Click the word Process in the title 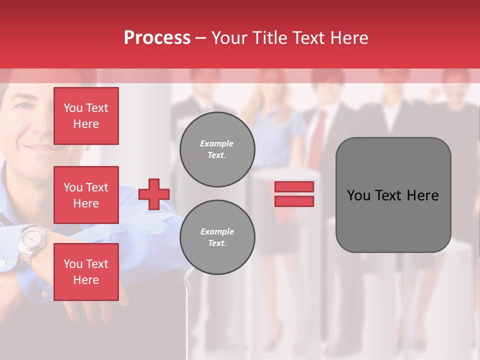[157, 38]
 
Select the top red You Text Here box [86, 116]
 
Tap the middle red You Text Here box [86, 195]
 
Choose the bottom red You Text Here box [86, 272]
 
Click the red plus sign [154, 194]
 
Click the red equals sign [294, 194]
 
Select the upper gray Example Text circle [217, 149]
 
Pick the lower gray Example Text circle [217, 237]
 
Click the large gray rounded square [393, 195]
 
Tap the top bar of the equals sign [294, 186]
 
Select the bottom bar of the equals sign [294, 201]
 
